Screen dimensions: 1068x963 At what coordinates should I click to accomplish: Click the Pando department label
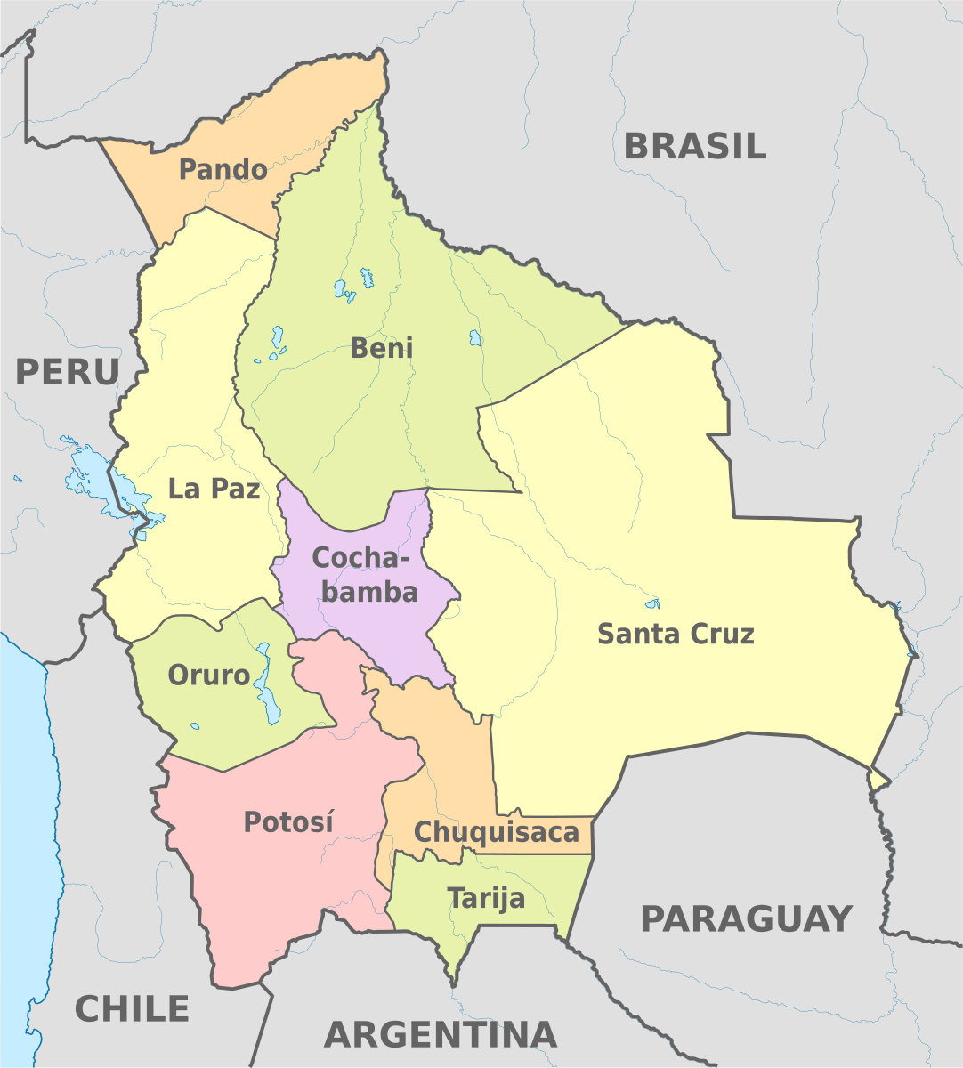coord(223,169)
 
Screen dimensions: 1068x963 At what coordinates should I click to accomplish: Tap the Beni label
coord(382,347)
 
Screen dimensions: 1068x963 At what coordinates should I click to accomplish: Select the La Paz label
coord(214,489)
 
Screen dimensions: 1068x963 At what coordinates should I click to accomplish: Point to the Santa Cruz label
coord(676,634)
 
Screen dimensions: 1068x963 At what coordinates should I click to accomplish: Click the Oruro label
coord(209,675)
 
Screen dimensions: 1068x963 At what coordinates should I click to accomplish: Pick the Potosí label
coord(288,821)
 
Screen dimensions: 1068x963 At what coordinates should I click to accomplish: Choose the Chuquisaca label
coord(497,833)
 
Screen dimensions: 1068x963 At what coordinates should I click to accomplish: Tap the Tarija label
coord(486,898)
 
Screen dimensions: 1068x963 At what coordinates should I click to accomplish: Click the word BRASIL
coord(694,146)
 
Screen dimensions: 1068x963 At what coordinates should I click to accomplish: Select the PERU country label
coord(68,372)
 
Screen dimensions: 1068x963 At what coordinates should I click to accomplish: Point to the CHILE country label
coord(132,1009)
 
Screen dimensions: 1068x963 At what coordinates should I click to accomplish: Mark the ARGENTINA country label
coord(441,1035)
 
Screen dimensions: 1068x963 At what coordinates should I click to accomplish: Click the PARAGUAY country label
coord(746,918)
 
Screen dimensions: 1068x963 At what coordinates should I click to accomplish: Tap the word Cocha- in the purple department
coord(360,559)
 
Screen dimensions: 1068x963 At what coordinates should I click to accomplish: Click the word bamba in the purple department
coord(369,592)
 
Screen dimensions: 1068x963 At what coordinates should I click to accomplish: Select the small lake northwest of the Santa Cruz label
coord(652,603)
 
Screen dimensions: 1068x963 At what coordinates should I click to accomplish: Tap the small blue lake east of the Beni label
coord(475,338)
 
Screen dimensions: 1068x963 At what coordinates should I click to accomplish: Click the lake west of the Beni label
coord(278,338)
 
